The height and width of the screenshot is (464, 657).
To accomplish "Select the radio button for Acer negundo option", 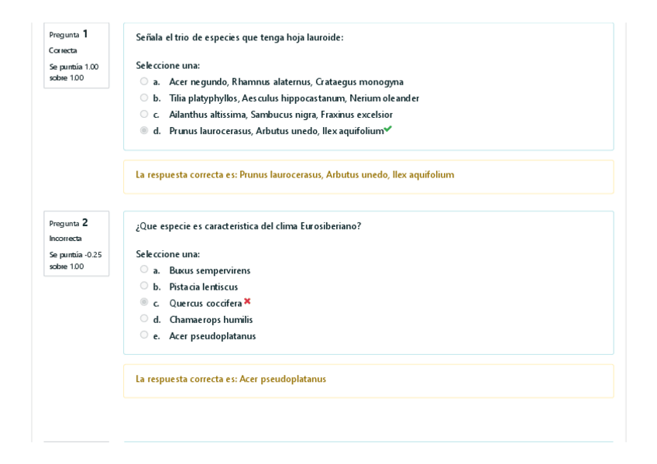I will [x=144, y=81].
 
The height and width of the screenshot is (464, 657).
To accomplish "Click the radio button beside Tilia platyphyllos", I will [x=144, y=98].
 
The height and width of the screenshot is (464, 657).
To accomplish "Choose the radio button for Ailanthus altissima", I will [x=144, y=114].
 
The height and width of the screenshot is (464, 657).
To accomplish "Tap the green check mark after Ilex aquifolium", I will [x=388, y=129].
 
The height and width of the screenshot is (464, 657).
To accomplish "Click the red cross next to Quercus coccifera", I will [x=247, y=301].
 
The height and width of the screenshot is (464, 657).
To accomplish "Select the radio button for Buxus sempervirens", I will [x=144, y=270].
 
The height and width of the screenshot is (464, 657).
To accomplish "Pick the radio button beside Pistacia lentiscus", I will [x=144, y=286].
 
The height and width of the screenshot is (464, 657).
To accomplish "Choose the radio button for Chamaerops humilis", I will [x=144, y=318].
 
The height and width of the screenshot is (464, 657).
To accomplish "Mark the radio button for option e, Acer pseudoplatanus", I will [x=144, y=335].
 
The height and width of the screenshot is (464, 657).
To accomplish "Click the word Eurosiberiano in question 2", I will [x=330, y=226].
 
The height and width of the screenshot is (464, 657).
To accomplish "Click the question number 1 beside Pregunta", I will [x=85, y=34].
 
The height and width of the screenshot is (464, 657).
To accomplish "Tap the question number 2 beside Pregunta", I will [x=85, y=222].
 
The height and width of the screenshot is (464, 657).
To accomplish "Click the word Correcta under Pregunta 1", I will [x=63, y=50].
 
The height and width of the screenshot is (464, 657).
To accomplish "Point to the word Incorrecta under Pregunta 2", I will [x=65, y=239].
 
